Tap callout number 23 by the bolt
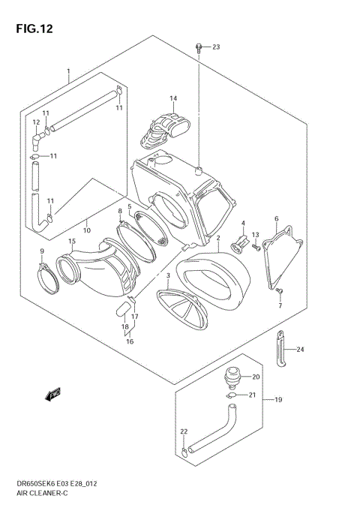pos(216,47)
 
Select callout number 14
pos(172,98)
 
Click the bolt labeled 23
pos(199,48)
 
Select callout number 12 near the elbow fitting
pos(35,122)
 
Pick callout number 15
pos(72,241)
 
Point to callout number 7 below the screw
pos(280,305)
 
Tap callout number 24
pos(300,350)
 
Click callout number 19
pos(277,400)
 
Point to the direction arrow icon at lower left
pos(53,393)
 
